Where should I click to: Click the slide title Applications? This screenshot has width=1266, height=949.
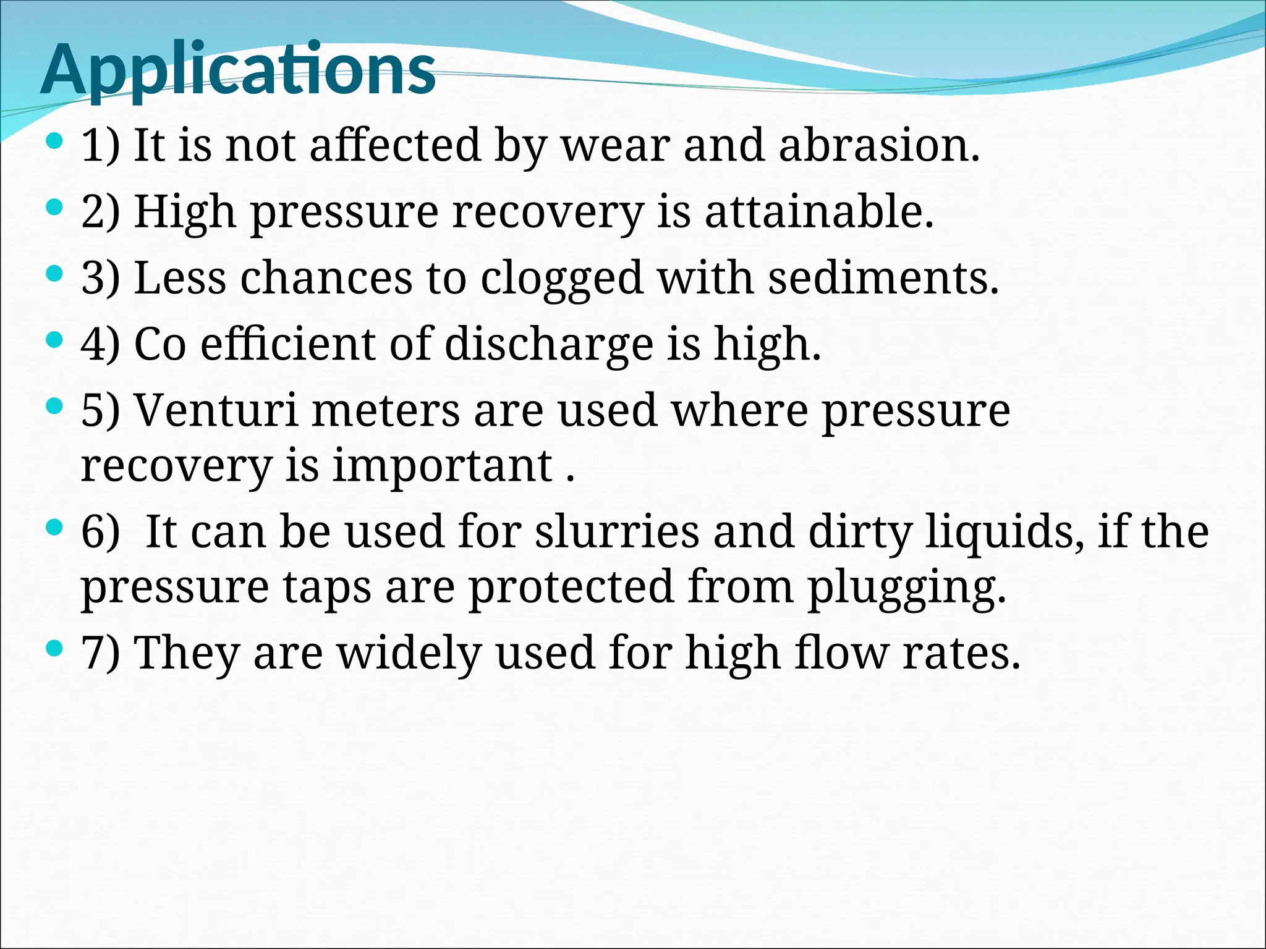[x=238, y=69]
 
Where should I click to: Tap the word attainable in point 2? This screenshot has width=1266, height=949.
[x=818, y=212]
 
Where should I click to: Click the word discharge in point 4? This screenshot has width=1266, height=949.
[x=548, y=344]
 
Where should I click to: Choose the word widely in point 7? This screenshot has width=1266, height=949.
[x=409, y=653]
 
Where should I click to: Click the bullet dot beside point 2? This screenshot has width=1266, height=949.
[x=55, y=207]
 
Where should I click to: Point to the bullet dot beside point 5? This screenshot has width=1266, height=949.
[x=55, y=406]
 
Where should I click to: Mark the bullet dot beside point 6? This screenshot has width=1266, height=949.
[x=55, y=527]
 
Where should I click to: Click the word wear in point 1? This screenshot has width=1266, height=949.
[x=615, y=147]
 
